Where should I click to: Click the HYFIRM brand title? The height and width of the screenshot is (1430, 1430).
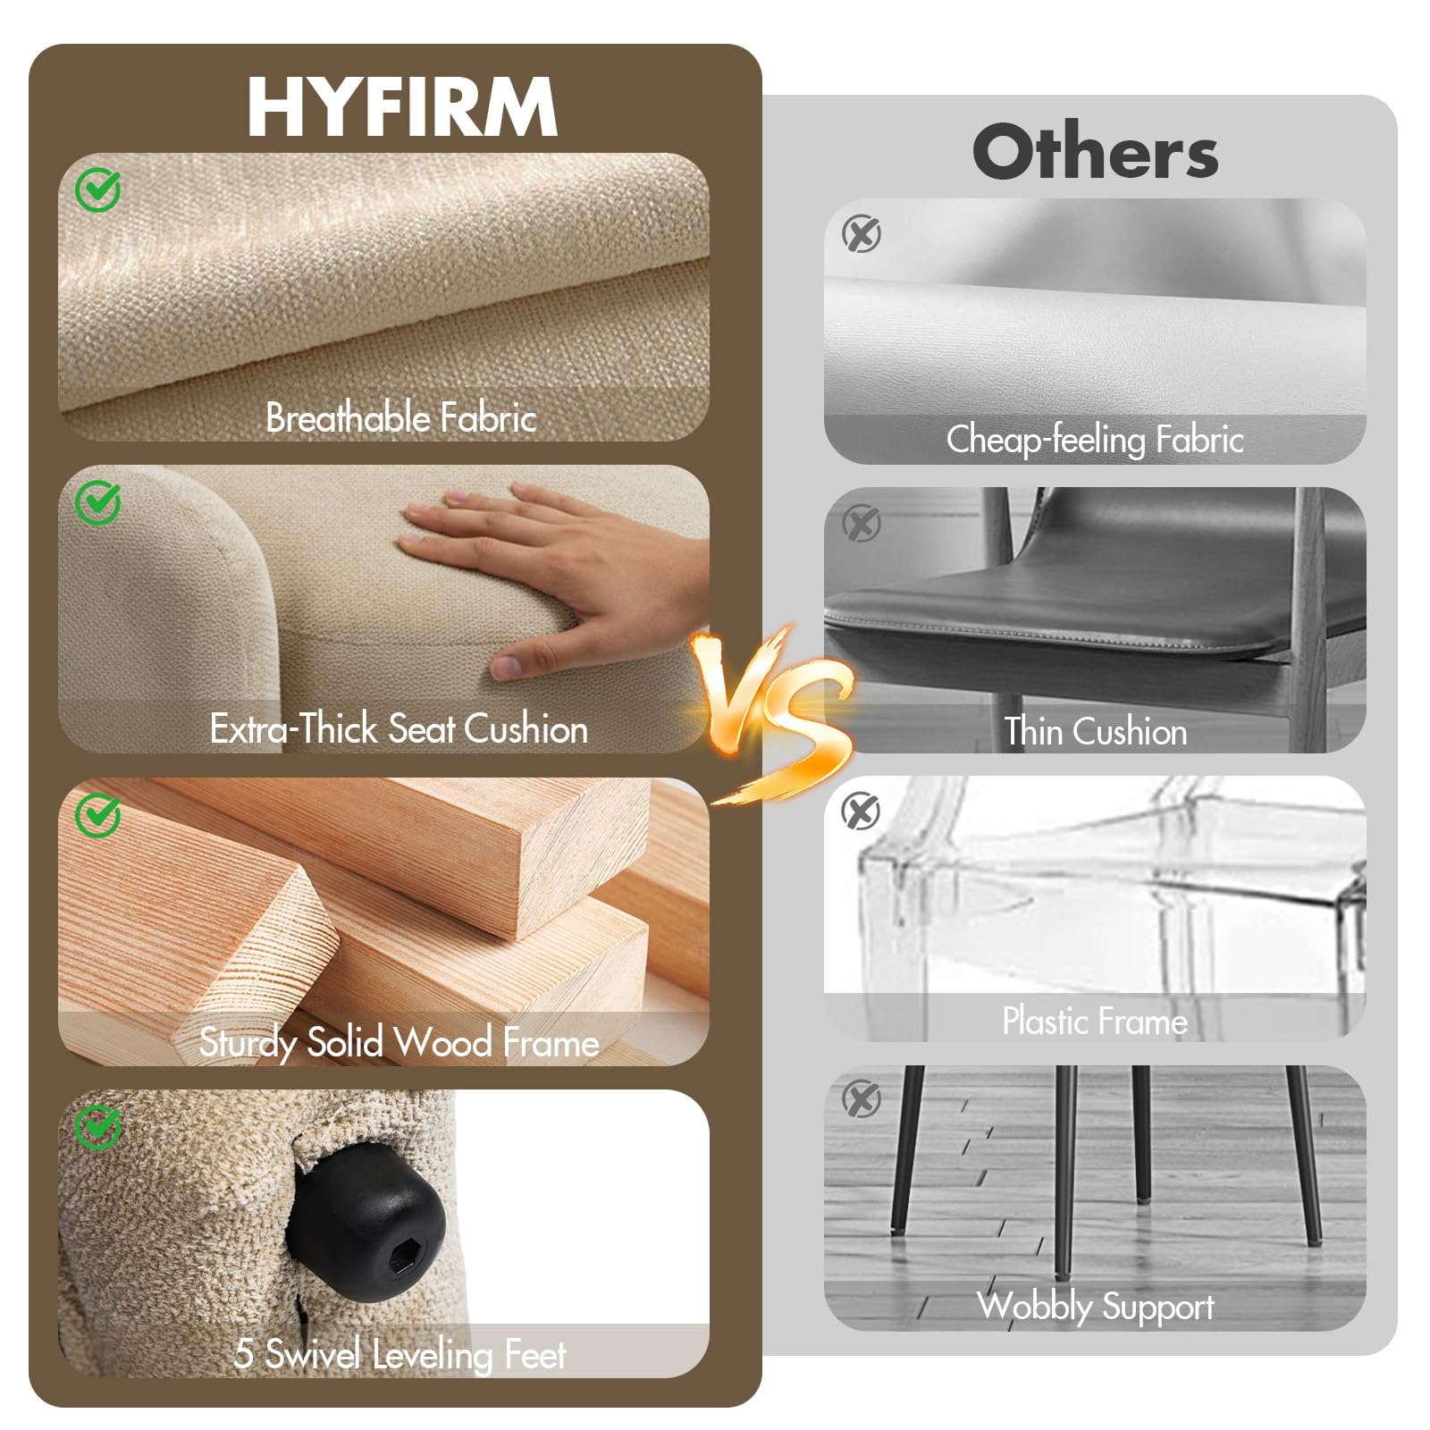coord(402,106)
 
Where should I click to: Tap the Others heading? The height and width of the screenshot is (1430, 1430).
coord(1095,152)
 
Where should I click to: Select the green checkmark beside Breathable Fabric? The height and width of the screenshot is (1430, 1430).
coord(97,189)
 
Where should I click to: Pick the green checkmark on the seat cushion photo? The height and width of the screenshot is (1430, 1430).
coord(97,502)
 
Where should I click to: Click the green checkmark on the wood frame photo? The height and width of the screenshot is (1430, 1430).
coord(97,814)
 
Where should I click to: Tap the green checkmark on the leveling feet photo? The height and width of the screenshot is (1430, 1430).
coord(97,1127)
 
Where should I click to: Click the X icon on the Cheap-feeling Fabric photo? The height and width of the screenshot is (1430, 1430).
coord(862,234)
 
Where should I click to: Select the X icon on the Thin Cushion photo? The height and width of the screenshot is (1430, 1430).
coord(862,523)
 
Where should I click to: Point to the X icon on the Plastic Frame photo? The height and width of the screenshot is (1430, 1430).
coord(862,812)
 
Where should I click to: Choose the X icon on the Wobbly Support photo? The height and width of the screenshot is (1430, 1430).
coord(862,1099)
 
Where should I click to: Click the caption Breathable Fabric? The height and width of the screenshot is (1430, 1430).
coord(401,418)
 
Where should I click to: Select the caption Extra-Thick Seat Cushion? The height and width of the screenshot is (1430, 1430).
coord(399,729)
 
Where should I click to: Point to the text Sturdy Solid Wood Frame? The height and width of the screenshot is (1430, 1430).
coord(399,1043)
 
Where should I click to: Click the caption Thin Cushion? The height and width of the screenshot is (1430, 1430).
coord(1096,731)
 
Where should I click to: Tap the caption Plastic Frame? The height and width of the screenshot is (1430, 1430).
coord(1095,1021)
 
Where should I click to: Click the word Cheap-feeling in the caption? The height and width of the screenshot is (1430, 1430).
coord(1045,440)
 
